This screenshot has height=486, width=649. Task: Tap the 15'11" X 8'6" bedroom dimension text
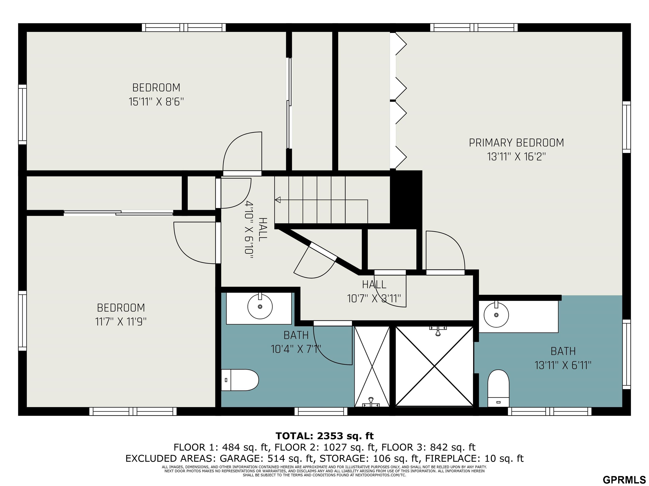[x=156, y=102]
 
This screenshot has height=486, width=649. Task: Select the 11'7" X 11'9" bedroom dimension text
[x=121, y=322]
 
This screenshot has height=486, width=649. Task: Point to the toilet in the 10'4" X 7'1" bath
[x=239, y=380]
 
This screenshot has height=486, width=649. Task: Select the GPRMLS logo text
[x=624, y=479]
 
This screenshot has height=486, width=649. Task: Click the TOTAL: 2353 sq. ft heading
[x=324, y=436]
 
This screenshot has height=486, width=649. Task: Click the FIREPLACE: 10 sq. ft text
[x=474, y=458]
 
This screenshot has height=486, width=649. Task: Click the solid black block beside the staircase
[x=406, y=200]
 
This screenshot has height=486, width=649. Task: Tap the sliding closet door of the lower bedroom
[x=118, y=213]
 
